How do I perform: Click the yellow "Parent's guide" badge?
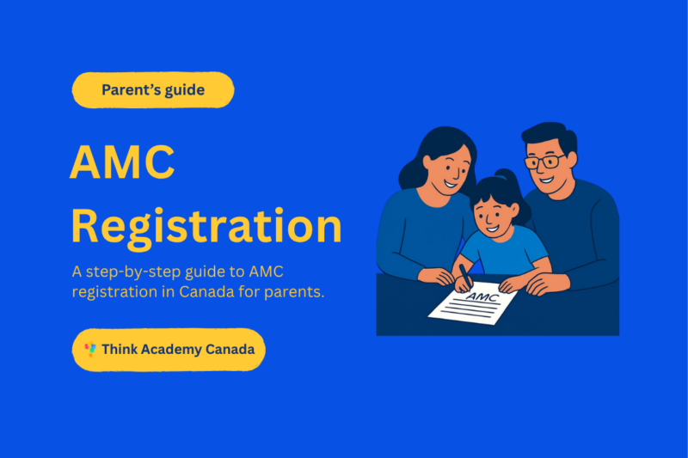pyautogui.click(x=153, y=89)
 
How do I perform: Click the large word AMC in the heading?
pyautogui.click(x=122, y=163)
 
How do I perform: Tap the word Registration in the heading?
pyautogui.click(x=206, y=226)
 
